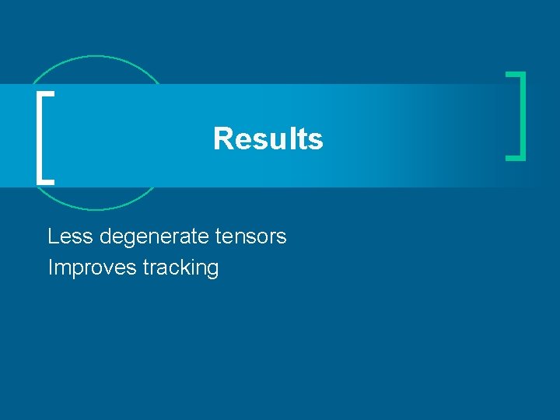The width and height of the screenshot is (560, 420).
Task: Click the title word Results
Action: coord(268,139)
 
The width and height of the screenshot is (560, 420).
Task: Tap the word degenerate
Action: coord(155,236)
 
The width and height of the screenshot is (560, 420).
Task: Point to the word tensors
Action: coord(250,236)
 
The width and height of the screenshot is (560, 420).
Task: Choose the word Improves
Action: coord(92,268)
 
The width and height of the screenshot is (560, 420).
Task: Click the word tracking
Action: coord(180,268)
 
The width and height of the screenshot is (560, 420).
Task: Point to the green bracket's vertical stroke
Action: coord(523,116)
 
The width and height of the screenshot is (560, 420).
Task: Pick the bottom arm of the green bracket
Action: coord(516,158)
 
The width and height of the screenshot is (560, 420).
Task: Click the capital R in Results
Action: coord(222,139)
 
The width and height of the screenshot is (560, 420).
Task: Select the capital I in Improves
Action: coord(51,268)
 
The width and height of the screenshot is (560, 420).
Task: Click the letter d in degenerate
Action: coord(106,236)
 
